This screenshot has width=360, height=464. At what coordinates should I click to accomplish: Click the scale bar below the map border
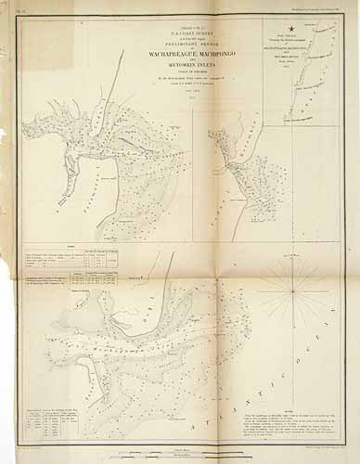click(182, 452)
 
